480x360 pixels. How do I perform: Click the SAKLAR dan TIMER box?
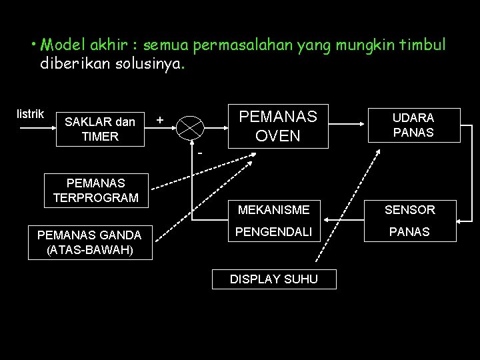[x=101, y=129]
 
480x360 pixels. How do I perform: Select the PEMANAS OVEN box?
[x=278, y=125]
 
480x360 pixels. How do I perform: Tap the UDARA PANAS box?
[x=413, y=125]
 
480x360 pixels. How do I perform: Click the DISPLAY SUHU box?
[x=274, y=279]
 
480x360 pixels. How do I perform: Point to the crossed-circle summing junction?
[x=191, y=126]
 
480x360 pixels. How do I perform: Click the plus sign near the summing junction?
[x=159, y=120]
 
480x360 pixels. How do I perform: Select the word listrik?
[x=30, y=113]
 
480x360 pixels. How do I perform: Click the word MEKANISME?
[x=273, y=210]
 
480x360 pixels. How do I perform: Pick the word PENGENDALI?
[x=273, y=233]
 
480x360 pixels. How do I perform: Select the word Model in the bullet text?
[x=60, y=45]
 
